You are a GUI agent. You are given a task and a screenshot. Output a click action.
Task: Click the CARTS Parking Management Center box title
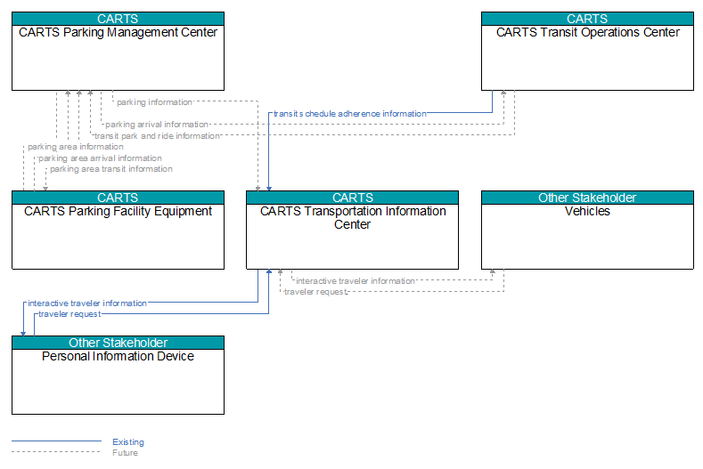(x=118, y=32)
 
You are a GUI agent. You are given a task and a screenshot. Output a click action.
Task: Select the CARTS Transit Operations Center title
(x=587, y=32)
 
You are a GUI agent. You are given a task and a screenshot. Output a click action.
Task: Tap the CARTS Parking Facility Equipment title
(x=118, y=211)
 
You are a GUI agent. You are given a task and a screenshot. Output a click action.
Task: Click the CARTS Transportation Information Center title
(x=353, y=218)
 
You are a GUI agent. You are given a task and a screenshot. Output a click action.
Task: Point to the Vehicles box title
(x=587, y=211)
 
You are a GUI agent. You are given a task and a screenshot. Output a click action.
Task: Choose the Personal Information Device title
(x=118, y=356)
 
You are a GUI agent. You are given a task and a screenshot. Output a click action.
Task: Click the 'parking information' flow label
(x=154, y=102)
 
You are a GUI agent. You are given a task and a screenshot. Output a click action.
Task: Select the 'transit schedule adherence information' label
(x=349, y=114)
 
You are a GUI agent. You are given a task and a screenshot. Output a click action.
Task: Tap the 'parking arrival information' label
(x=157, y=125)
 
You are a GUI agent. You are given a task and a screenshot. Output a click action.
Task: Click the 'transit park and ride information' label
(x=157, y=136)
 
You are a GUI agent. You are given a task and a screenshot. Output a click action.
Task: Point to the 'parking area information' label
(x=76, y=147)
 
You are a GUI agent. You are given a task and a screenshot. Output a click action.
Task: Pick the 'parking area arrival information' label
(x=100, y=158)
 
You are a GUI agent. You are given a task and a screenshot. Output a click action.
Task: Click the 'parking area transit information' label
(x=111, y=169)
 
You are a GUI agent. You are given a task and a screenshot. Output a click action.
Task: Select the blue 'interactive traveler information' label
(x=87, y=303)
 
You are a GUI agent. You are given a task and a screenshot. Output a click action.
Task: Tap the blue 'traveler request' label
(x=69, y=314)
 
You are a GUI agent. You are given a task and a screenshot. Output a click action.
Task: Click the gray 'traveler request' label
(x=315, y=292)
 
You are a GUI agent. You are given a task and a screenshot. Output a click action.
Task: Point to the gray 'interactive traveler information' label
(x=356, y=281)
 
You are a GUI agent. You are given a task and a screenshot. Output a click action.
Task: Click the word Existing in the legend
(x=128, y=442)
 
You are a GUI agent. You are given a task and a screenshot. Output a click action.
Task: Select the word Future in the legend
(x=125, y=453)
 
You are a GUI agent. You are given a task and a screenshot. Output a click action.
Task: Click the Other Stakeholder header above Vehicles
(x=587, y=198)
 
